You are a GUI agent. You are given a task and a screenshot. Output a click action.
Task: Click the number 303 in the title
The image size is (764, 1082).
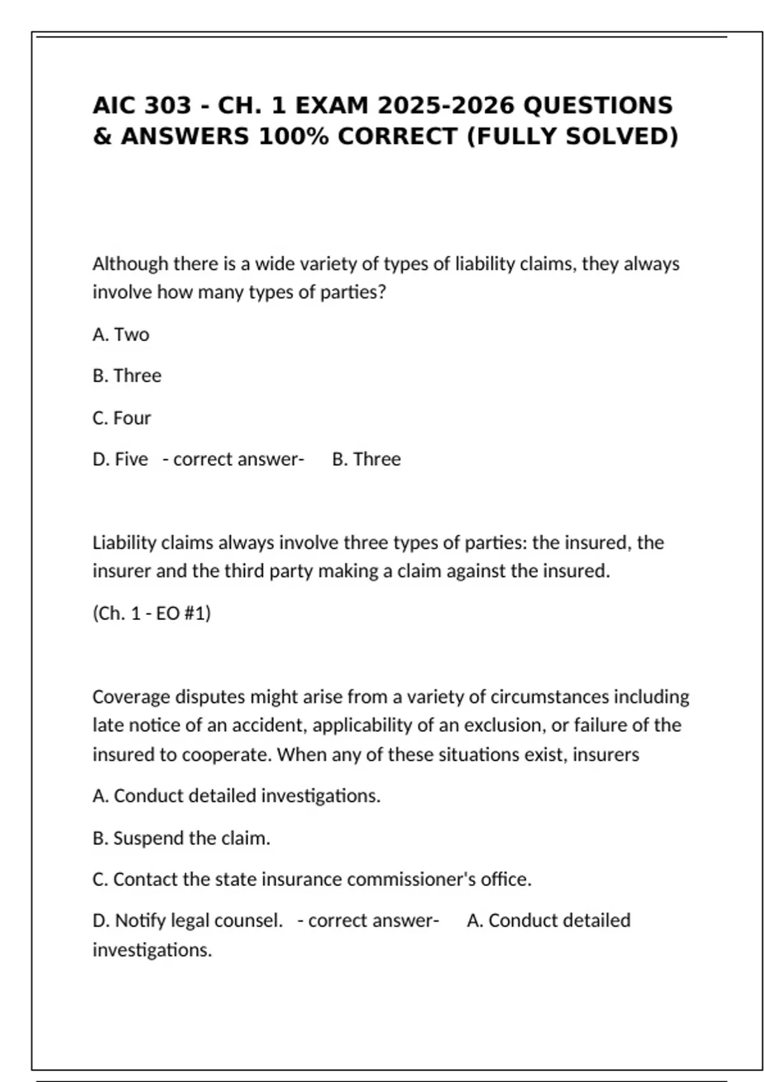click(x=167, y=105)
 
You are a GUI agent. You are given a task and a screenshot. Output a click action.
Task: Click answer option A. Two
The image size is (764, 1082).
click(x=121, y=334)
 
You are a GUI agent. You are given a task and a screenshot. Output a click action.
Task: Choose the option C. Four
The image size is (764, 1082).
click(x=122, y=418)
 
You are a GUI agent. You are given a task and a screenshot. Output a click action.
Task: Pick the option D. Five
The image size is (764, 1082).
click(x=120, y=459)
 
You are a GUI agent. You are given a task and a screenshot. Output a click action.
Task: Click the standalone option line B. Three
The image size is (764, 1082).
click(x=127, y=376)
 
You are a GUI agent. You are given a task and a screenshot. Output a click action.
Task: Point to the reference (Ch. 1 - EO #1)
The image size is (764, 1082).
click(x=152, y=613)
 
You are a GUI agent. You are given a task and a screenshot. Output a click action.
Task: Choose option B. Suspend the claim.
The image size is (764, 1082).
click(x=181, y=838)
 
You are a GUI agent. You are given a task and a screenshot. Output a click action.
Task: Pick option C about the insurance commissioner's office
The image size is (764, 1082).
click(x=312, y=879)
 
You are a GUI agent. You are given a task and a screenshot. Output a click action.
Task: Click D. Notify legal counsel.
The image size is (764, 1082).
click(x=187, y=920)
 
